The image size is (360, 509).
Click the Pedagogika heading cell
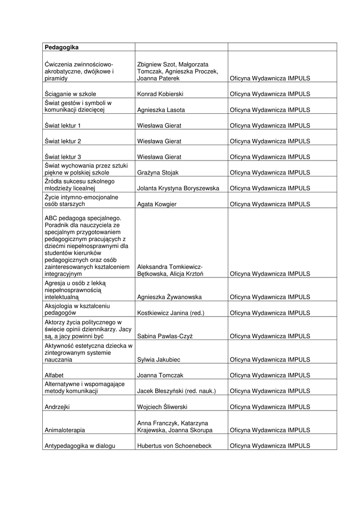(62, 47)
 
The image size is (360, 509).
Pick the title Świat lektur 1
(63, 126)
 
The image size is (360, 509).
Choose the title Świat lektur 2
(63, 141)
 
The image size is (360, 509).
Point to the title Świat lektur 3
(63, 157)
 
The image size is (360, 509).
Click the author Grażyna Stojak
(157, 172)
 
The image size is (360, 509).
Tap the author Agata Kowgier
(157, 204)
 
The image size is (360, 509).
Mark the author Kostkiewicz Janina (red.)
(171, 313)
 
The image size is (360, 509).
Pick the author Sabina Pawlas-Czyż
(165, 336)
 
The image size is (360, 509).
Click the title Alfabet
(54, 375)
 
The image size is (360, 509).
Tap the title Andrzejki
(57, 407)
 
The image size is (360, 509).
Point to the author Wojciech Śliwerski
(162, 407)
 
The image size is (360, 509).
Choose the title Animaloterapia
(65, 430)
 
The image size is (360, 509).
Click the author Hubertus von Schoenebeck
(174, 446)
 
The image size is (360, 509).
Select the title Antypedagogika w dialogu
(80, 446)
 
